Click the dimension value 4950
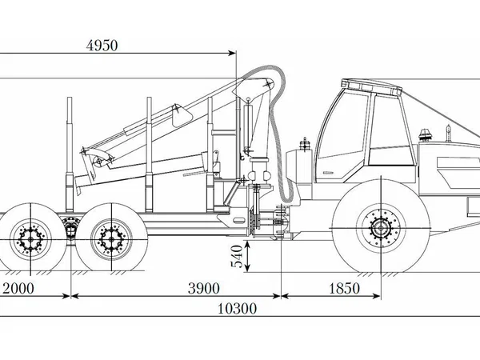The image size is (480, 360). [102, 46]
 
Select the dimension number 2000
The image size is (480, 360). [18, 288]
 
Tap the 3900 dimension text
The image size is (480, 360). [203, 288]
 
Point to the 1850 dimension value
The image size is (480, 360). [344, 288]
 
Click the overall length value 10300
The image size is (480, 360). [237, 309]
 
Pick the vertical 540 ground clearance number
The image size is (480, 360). [237, 256]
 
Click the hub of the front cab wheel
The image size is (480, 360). [381, 228]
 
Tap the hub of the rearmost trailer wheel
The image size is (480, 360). [30, 239]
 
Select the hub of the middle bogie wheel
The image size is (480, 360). [112, 239]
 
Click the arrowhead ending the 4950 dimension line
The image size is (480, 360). [232, 54]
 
